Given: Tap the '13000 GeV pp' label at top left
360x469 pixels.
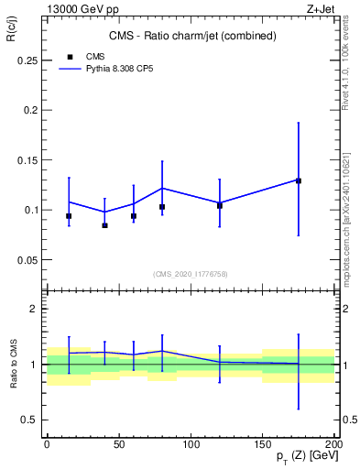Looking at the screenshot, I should click(x=76, y=8).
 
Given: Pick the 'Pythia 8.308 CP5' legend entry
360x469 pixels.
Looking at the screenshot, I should click(x=110, y=68).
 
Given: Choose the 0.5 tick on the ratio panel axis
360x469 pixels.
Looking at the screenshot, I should click(x=29, y=420).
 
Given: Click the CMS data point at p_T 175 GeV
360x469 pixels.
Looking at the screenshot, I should click(x=299, y=180).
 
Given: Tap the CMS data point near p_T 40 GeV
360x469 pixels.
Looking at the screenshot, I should click(x=104, y=225).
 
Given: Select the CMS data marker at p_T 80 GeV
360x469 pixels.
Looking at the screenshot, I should click(x=162, y=207).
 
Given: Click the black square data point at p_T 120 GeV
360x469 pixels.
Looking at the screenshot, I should click(x=220, y=205).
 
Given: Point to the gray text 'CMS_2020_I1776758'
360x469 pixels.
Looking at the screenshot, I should click(x=191, y=273).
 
